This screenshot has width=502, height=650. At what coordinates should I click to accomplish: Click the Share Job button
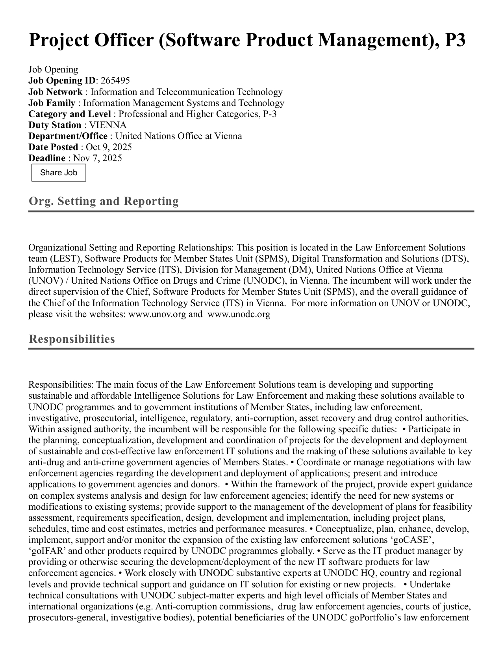click(x=59, y=173)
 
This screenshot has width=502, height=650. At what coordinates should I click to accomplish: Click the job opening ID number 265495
click(x=115, y=81)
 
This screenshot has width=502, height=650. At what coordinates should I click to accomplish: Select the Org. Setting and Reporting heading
click(x=104, y=201)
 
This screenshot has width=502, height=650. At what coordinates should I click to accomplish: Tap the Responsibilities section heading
click(x=72, y=339)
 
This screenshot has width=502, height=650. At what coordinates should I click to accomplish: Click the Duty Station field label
click(x=55, y=125)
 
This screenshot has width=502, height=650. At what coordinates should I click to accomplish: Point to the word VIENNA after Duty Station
click(x=108, y=125)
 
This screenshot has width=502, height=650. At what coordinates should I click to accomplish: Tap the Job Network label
click(x=55, y=92)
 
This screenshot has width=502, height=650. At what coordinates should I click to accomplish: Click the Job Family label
click(x=52, y=103)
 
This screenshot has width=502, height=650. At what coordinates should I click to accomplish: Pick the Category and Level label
click(x=69, y=114)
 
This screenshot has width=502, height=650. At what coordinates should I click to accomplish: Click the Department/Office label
click(x=68, y=136)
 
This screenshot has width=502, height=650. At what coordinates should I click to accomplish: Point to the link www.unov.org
click(x=157, y=314)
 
